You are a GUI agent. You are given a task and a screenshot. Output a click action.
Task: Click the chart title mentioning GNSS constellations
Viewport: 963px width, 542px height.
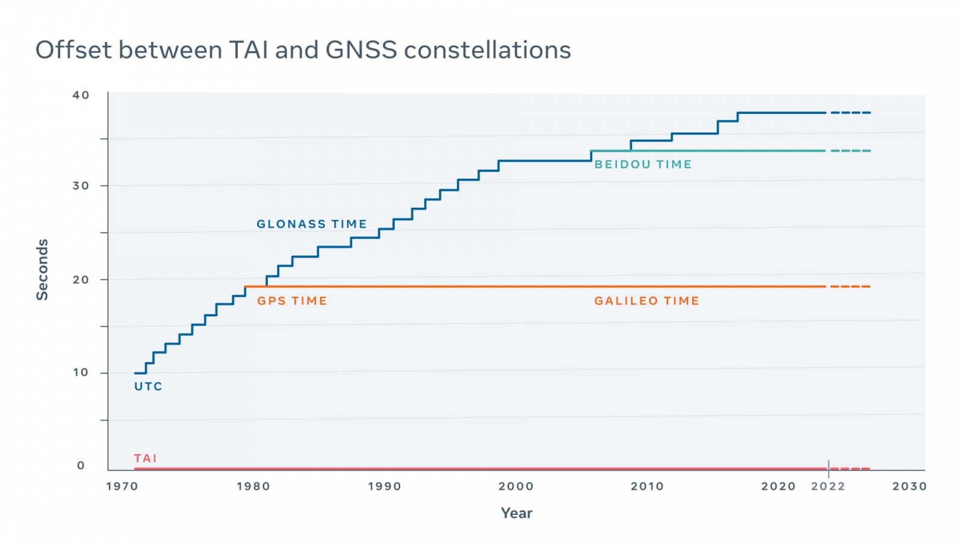tap(303, 50)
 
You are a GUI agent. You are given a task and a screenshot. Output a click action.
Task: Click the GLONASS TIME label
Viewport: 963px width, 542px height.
tap(312, 224)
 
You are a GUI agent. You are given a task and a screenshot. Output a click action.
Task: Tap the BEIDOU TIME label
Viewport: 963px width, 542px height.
tap(643, 164)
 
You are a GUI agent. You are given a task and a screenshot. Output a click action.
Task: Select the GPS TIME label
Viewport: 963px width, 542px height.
tap(292, 301)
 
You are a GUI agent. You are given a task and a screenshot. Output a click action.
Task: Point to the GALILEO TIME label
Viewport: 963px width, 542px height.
tap(646, 301)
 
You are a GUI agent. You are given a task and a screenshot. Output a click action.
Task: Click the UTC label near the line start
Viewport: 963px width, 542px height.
tap(148, 387)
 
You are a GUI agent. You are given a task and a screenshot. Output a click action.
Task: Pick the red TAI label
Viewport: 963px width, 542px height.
tap(146, 458)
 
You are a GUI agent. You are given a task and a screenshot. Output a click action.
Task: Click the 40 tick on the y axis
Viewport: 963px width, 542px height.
tap(81, 95)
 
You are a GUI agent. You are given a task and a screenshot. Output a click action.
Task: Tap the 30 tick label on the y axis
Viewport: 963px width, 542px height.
tap(81, 186)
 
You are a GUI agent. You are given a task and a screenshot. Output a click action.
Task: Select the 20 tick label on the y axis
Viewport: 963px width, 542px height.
tap(81, 279)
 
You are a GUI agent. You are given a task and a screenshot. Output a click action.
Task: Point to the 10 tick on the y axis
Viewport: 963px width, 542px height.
tap(81, 373)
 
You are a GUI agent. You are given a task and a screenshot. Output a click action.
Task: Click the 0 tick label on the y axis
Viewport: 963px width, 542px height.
tap(81, 466)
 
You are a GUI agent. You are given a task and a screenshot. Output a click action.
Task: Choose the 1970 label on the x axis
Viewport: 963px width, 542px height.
tap(122, 487)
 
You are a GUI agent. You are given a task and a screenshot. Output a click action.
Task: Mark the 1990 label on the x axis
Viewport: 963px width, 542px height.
tap(385, 487)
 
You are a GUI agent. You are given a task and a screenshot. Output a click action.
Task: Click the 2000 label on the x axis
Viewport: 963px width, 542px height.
tap(516, 487)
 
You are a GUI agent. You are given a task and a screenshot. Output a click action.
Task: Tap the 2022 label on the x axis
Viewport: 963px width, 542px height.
tap(828, 487)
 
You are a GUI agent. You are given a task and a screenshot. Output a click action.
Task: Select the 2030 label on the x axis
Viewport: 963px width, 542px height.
tap(909, 487)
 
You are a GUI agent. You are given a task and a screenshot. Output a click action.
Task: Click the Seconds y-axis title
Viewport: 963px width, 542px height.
tap(42, 270)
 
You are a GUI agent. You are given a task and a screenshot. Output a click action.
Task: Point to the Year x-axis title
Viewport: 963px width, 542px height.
tap(516, 513)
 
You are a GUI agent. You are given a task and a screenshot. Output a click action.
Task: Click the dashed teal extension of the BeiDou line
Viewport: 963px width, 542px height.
tap(850, 151)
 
